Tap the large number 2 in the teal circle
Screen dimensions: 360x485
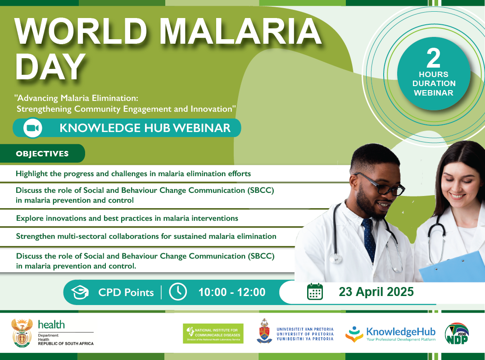click(433, 59)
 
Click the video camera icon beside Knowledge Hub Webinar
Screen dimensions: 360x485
click(33, 128)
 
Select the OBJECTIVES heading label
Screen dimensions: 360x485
click(42, 154)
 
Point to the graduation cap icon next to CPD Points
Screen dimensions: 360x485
click(81, 292)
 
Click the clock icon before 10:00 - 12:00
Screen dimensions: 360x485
click(178, 292)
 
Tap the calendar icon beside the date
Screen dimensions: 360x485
click(315, 292)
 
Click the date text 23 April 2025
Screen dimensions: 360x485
click(376, 292)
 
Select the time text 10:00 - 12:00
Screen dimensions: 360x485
click(232, 292)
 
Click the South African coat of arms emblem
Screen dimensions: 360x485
click(22, 333)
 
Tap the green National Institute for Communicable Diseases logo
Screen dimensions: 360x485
click(213, 333)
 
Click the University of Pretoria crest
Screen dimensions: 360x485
click(264, 332)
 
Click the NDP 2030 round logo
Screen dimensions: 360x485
click(457, 335)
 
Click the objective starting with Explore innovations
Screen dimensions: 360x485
click(127, 218)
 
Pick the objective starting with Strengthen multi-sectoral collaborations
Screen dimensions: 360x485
click(146, 236)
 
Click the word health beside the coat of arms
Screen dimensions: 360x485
click(51, 324)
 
